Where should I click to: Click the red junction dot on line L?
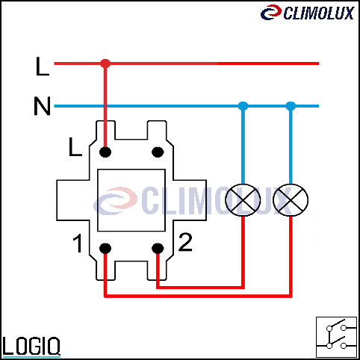105,63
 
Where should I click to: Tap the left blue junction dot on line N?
243,106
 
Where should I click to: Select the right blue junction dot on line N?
291,106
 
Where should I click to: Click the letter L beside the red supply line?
43,66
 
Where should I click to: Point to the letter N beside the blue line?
42,106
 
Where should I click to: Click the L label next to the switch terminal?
75,147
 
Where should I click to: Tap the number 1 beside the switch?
78,243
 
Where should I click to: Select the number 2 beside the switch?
185,242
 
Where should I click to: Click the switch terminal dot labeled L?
105,152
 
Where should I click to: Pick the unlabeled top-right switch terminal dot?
158,152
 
